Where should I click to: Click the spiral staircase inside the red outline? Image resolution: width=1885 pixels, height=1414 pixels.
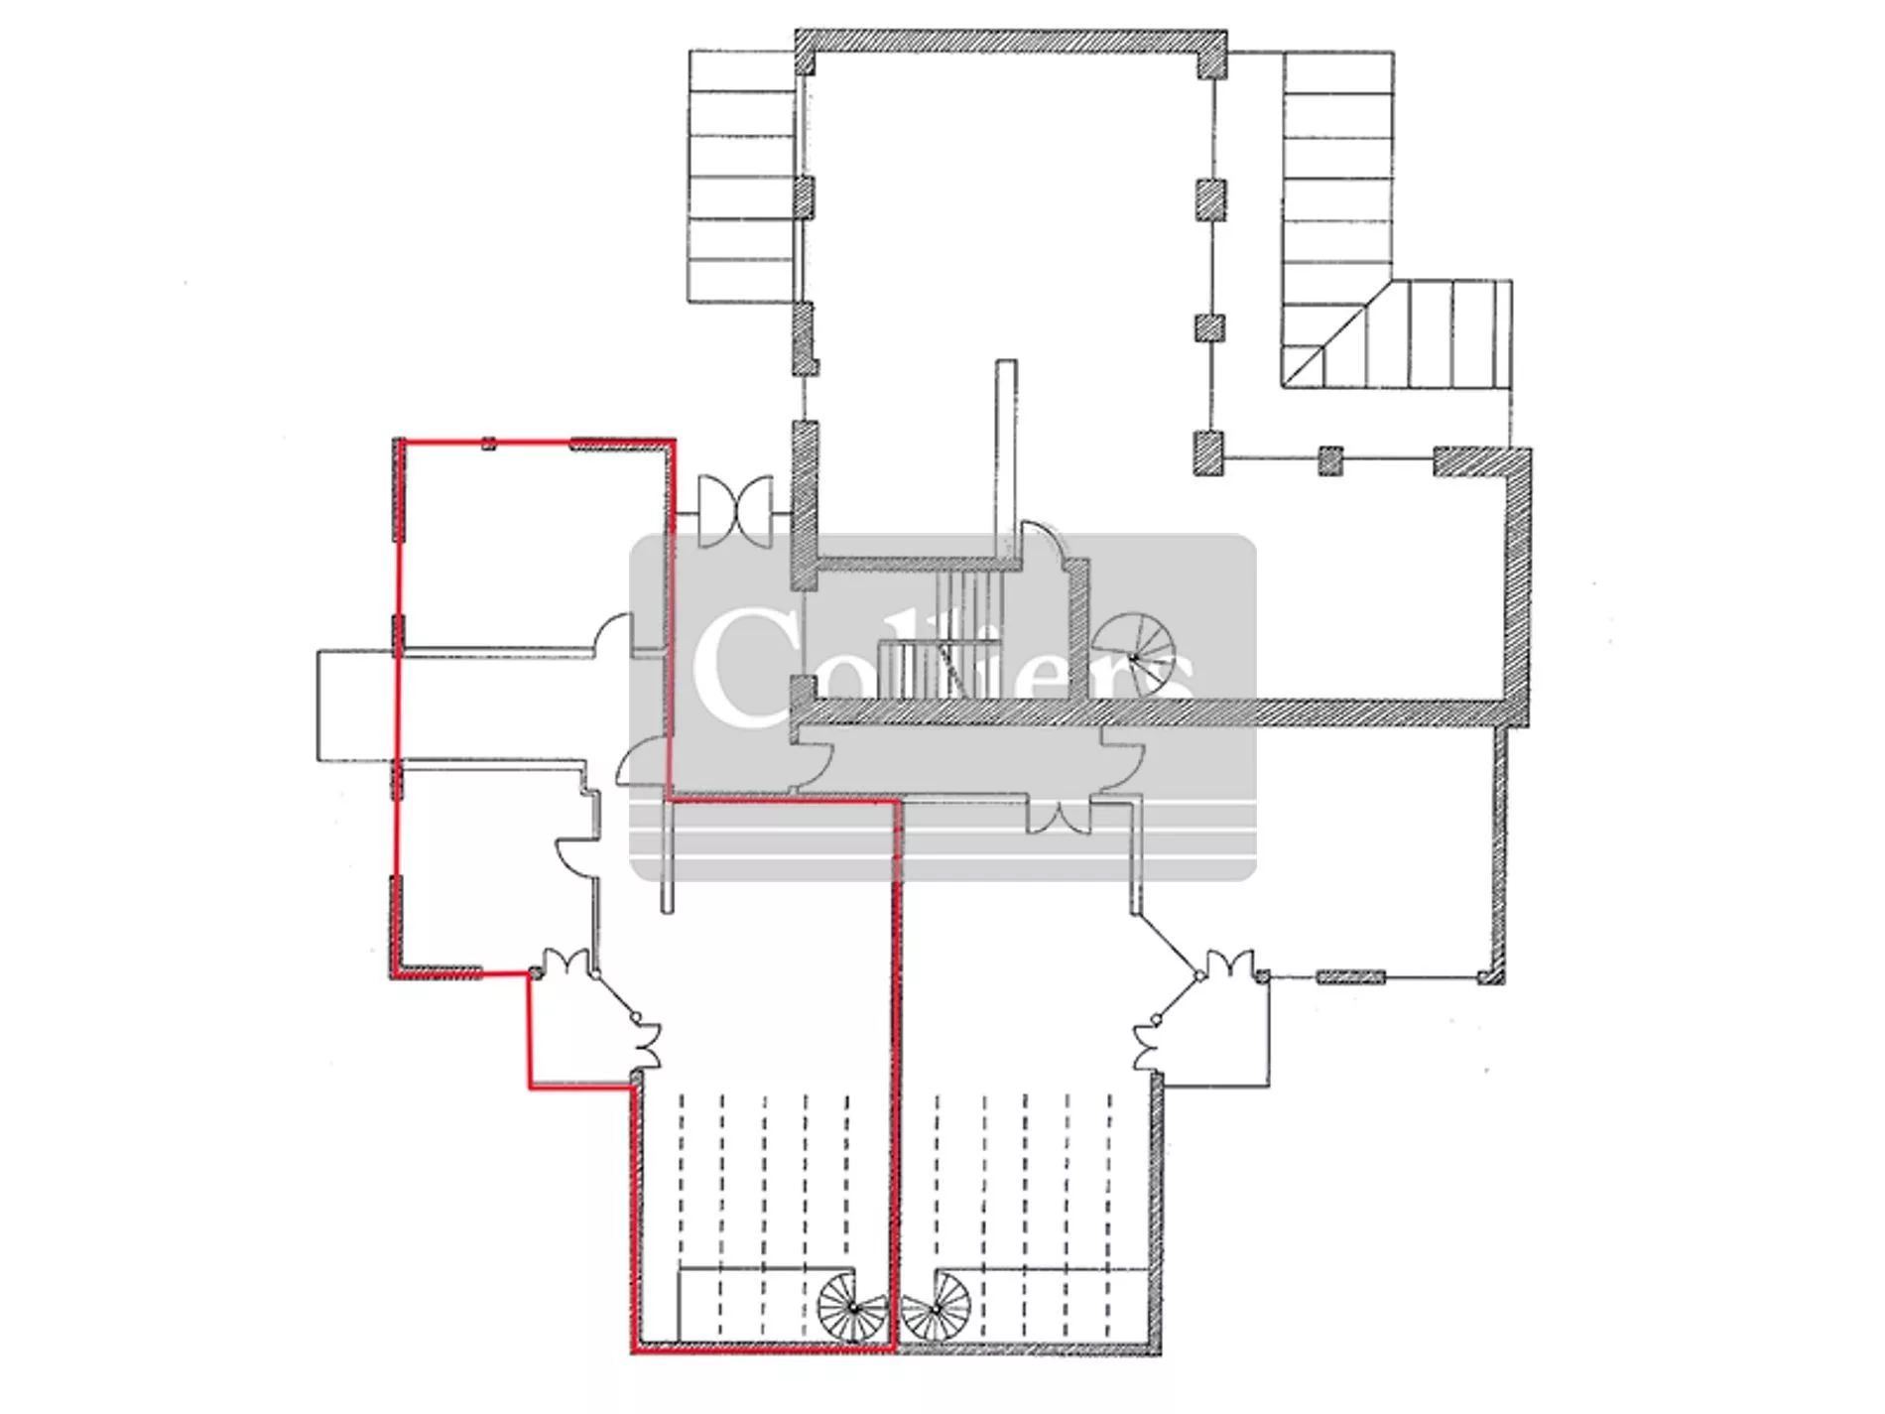pyautogui.click(x=853, y=1308)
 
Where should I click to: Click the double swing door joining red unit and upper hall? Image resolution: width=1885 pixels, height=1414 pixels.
pyautogui.click(x=735, y=511)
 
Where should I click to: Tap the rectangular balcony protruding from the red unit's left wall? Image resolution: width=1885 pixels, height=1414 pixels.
pyautogui.click(x=357, y=707)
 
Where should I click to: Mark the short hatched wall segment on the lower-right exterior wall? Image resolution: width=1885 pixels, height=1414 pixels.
pyautogui.click(x=1350, y=976)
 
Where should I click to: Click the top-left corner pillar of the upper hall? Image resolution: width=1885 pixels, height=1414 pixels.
pyautogui.click(x=805, y=52)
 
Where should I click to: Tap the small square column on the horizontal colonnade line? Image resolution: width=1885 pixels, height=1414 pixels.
pyautogui.click(x=1330, y=460)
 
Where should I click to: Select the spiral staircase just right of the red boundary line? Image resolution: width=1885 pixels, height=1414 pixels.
pyautogui.click(x=936, y=1308)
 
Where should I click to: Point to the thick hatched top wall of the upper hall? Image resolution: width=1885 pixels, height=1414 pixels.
pyautogui.click(x=1011, y=41)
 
